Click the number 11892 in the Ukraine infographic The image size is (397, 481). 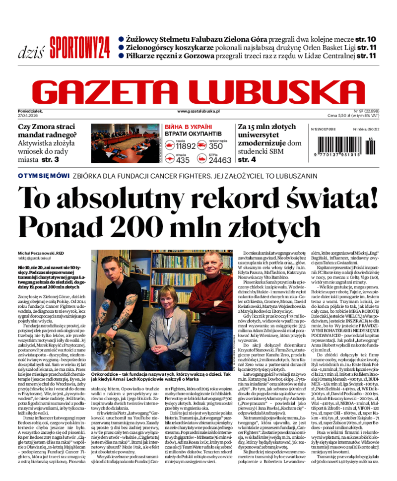pos(186,146)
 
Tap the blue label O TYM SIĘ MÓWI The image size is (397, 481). pos(43,176)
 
